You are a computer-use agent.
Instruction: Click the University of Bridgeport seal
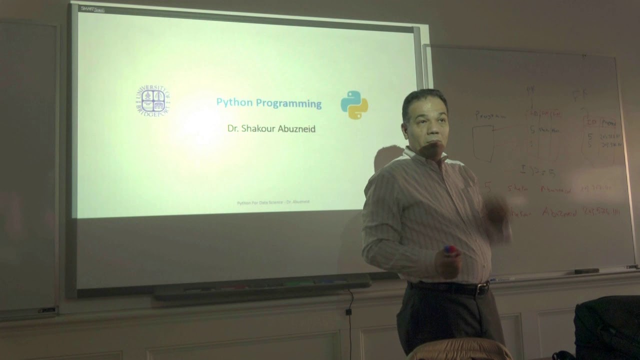(x=152, y=100)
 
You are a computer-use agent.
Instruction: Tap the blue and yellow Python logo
(x=354, y=105)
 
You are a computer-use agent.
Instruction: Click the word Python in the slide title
(x=234, y=103)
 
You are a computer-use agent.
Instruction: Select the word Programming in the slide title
(x=288, y=103)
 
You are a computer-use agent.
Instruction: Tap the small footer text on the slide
(x=273, y=202)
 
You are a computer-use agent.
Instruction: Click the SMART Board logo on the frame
(x=92, y=8)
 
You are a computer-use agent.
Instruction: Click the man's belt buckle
(x=482, y=288)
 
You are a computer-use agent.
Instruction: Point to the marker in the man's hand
(x=449, y=250)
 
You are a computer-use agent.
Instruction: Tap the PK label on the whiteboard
(x=530, y=89)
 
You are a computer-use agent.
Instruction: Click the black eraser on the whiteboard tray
(x=586, y=271)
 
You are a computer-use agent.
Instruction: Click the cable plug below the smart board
(x=348, y=311)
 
